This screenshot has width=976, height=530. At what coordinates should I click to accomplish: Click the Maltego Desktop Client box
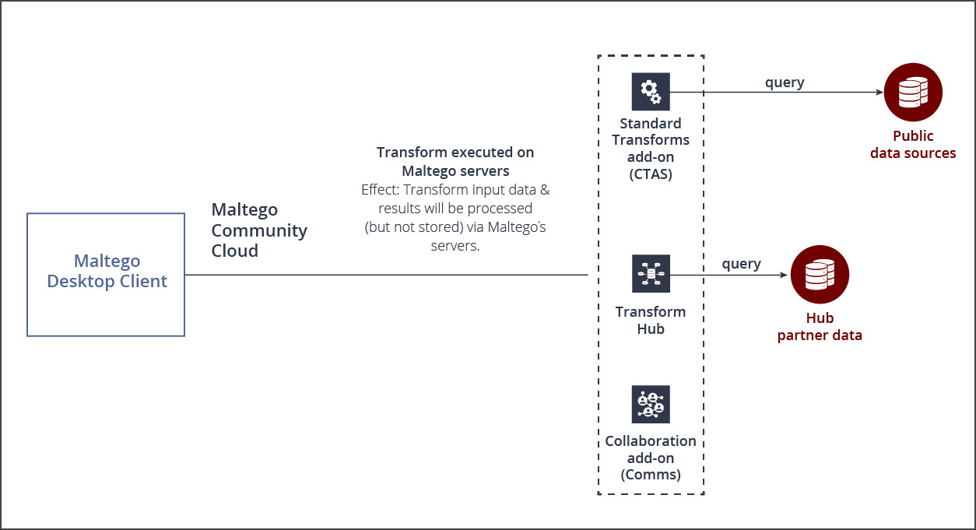(106, 275)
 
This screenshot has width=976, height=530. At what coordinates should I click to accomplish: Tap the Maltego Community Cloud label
(259, 230)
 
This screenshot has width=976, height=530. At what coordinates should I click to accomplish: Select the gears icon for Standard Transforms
(651, 92)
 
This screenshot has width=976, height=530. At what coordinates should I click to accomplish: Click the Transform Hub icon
(651, 274)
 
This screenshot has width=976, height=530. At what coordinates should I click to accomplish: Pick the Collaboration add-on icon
(651, 405)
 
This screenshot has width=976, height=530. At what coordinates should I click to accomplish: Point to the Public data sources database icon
(913, 92)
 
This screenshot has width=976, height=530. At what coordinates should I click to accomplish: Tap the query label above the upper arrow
(785, 82)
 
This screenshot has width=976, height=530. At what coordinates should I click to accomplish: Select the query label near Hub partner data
(741, 264)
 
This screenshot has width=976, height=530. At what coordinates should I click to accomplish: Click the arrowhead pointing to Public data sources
(879, 92)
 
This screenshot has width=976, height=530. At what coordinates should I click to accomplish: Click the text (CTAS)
(651, 174)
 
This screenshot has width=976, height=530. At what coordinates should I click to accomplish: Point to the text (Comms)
(651, 475)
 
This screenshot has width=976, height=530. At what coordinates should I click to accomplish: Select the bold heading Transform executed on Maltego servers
(455, 161)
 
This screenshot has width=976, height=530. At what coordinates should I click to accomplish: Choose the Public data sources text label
(913, 145)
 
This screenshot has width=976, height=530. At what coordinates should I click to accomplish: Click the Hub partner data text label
(820, 327)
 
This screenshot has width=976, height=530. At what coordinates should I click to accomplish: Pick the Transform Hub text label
(651, 320)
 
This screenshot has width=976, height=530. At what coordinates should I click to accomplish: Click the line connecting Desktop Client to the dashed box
(385, 275)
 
